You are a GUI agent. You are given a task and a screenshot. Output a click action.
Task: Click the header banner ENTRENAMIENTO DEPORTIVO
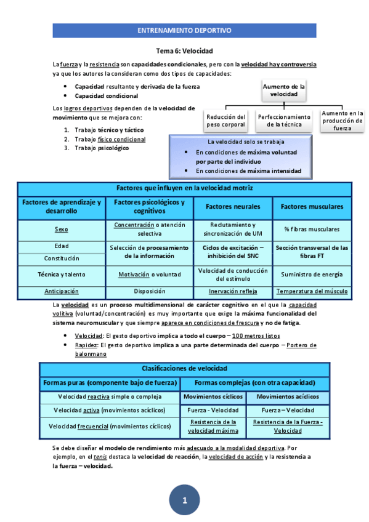click(x=184, y=30)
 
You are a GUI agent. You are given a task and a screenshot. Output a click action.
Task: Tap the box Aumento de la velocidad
click(x=284, y=91)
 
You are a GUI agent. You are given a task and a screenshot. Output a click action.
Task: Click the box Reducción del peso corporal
click(x=226, y=121)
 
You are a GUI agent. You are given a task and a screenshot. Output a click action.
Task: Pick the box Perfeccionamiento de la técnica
click(x=284, y=121)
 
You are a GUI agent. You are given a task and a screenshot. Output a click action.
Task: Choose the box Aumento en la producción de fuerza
click(x=343, y=121)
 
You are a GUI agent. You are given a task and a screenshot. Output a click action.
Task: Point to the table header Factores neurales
click(x=233, y=206)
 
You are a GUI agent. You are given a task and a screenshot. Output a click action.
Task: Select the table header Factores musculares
click(x=312, y=206)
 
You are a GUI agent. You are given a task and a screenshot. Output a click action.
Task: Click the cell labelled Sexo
click(x=61, y=229)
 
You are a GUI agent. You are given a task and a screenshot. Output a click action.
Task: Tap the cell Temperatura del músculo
click(x=312, y=291)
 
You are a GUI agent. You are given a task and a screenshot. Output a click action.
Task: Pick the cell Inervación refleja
click(x=233, y=291)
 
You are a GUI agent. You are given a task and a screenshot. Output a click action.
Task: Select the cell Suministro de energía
click(x=312, y=275)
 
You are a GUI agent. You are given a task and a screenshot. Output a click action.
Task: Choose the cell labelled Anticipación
click(x=61, y=291)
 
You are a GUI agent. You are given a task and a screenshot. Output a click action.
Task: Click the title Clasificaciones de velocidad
click(x=184, y=368)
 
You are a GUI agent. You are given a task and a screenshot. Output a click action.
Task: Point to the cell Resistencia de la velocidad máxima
click(x=213, y=426)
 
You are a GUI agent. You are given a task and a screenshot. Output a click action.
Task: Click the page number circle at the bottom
click(x=184, y=500)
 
